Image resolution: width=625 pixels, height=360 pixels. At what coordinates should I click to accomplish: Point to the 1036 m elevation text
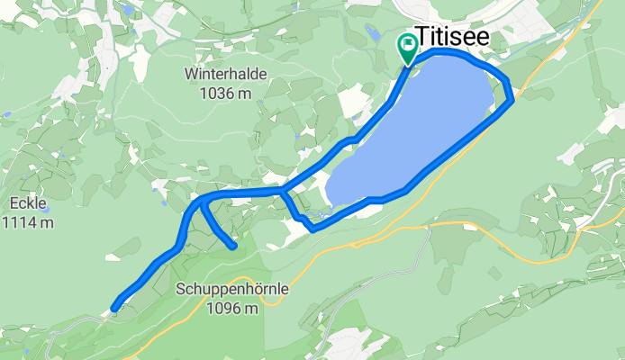click(x=225, y=91)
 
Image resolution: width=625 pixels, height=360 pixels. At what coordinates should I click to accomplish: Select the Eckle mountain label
click(x=19, y=202)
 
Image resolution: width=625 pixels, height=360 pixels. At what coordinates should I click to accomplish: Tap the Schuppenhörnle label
click(x=220, y=291)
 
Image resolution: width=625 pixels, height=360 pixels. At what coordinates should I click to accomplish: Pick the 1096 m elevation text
click(x=232, y=308)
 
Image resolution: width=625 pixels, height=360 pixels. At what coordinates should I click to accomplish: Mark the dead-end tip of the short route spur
click(x=233, y=245)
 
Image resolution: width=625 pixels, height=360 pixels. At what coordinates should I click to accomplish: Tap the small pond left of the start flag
click(x=374, y=34)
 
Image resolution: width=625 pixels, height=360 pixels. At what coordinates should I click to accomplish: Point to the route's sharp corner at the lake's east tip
click(x=511, y=100)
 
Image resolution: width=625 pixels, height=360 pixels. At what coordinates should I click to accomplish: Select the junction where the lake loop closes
click(x=283, y=192)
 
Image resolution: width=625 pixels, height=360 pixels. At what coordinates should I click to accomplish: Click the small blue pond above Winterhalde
click(x=128, y=12)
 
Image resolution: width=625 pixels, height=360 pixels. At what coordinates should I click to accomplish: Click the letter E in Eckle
click(x=5, y=202)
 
